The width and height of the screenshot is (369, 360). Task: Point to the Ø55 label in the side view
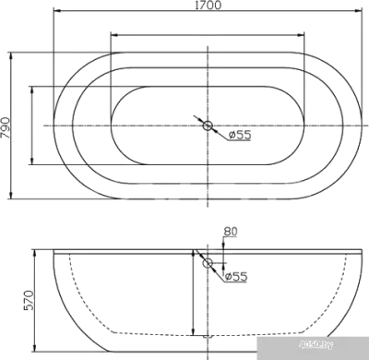click(237, 275)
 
